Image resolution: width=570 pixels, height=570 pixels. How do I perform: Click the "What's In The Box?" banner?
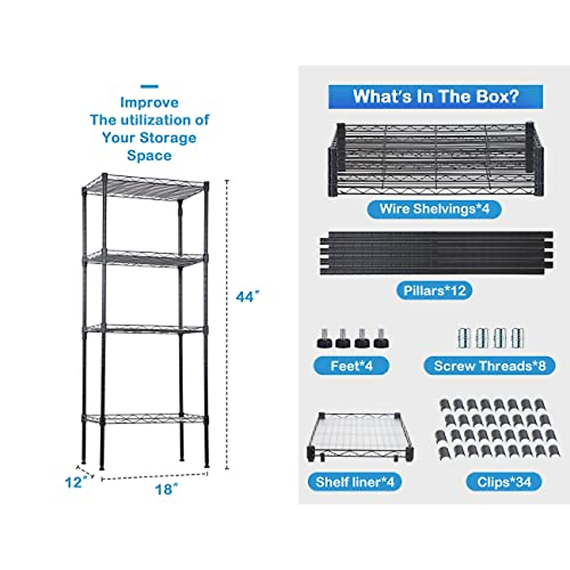pyautogui.click(x=435, y=97)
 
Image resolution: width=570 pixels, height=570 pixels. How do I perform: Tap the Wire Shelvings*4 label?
pyautogui.click(x=434, y=209)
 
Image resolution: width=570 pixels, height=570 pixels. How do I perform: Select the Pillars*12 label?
pyautogui.click(x=434, y=290)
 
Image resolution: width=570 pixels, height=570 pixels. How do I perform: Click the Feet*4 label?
pyautogui.click(x=351, y=366)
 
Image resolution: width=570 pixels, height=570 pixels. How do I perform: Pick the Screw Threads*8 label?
pyautogui.click(x=489, y=366)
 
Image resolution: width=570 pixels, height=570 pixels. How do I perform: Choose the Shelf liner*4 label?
pyautogui.click(x=355, y=482)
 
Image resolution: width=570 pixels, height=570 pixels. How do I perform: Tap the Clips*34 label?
pyautogui.click(x=503, y=482)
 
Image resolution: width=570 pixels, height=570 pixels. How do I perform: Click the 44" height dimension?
pyautogui.click(x=248, y=297)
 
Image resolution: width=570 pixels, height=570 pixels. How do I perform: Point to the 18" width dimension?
pyautogui.click(x=166, y=489)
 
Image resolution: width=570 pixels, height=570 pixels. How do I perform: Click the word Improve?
pyautogui.click(x=149, y=103)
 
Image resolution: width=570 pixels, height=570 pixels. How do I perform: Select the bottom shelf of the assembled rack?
pyautogui.click(x=145, y=419)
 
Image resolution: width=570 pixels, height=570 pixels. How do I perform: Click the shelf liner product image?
pyautogui.click(x=361, y=436)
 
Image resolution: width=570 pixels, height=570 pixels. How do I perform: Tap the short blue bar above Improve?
pyautogui.click(x=150, y=86)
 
